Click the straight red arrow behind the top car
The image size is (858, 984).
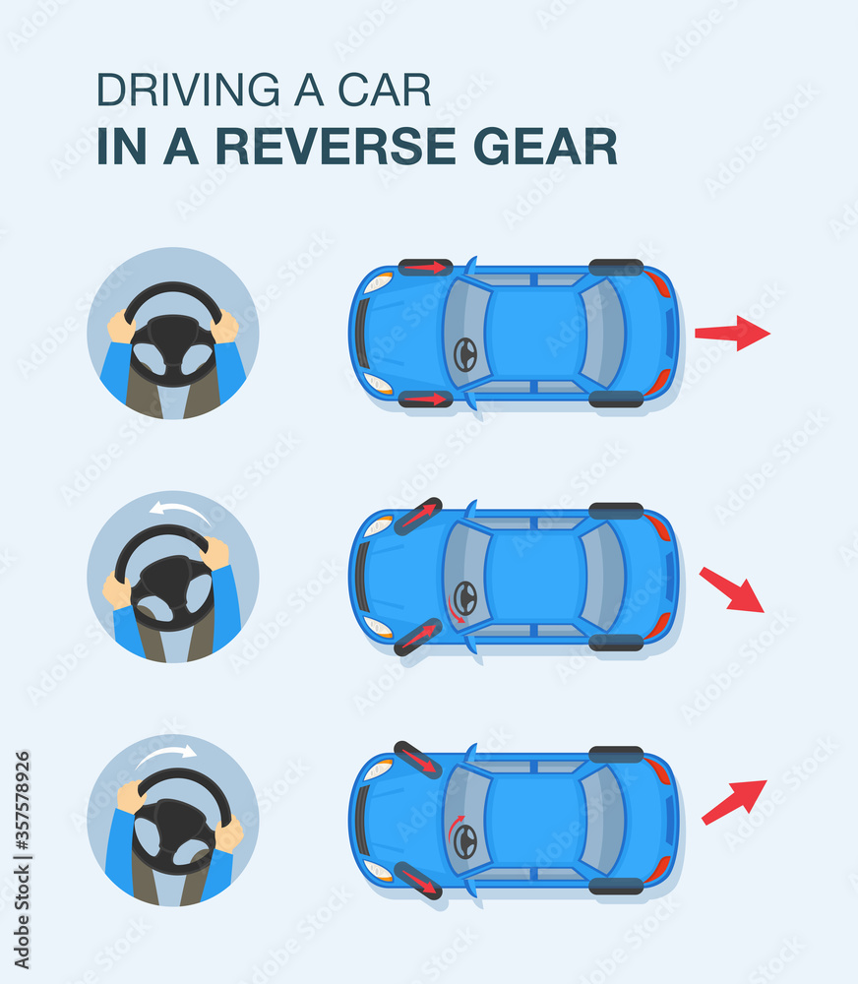[x=732, y=334]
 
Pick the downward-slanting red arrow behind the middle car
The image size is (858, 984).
[x=732, y=589]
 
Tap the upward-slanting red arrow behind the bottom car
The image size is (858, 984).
[x=734, y=802]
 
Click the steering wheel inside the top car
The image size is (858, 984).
[x=465, y=354]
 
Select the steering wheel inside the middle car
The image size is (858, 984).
[x=465, y=596]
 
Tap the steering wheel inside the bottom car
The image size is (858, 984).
[x=465, y=840]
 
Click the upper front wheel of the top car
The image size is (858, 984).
[x=425, y=268]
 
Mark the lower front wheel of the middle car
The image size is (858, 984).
[x=418, y=637]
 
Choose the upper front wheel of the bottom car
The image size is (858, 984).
[x=418, y=759]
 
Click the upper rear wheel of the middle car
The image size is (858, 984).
[x=616, y=511]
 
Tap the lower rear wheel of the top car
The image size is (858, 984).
[x=616, y=399]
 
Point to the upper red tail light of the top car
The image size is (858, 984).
[x=657, y=284]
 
